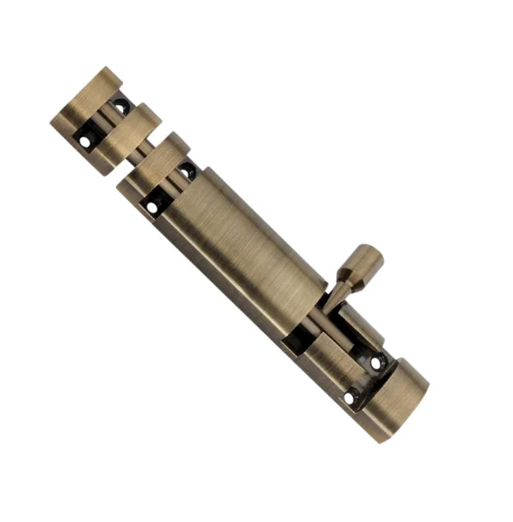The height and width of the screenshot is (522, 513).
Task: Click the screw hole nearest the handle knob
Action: click(x=376, y=363)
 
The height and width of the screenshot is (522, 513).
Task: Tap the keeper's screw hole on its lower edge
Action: click(x=87, y=141)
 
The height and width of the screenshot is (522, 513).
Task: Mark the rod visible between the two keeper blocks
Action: click(x=107, y=119)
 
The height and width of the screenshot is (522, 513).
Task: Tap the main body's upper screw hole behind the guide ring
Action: click(x=186, y=169)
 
